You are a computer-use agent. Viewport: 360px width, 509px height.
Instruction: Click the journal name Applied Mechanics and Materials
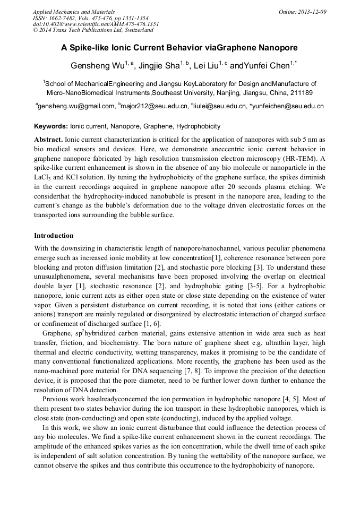click(x=73, y=12)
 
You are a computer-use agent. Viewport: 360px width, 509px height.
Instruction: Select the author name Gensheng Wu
click(x=98, y=66)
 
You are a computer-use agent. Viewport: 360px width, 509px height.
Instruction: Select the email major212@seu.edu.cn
click(x=155, y=106)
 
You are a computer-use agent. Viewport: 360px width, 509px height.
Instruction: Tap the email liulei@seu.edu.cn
click(x=220, y=106)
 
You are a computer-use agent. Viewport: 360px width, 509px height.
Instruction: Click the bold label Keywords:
click(x=51, y=126)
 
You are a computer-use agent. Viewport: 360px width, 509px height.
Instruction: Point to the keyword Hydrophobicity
click(x=198, y=126)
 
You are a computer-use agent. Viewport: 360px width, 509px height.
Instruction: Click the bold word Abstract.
click(x=48, y=138)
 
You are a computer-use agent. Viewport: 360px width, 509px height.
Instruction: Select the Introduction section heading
click(x=54, y=235)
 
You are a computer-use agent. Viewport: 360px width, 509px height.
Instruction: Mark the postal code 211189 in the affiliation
click(x=300, y=92)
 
